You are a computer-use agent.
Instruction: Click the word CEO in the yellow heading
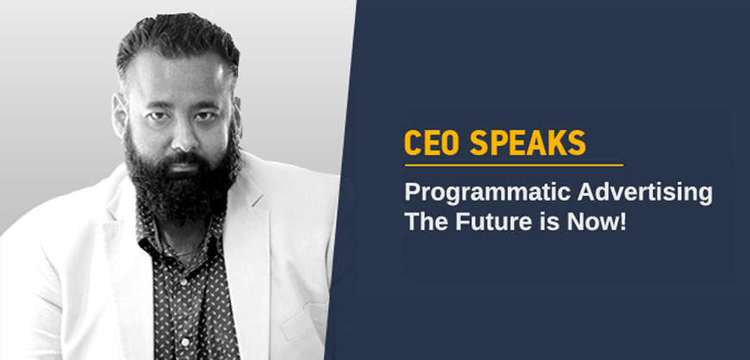tap(432, 142)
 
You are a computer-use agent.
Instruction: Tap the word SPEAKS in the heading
tap(528, 142)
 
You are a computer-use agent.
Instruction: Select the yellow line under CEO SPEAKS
tap(514, 165)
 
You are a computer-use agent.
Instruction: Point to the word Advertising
tap(645, 194)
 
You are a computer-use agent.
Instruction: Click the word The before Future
tap(427, 221)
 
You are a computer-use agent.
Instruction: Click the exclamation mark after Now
tap(623, 221)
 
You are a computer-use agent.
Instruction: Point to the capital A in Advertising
tap(586, 193)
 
